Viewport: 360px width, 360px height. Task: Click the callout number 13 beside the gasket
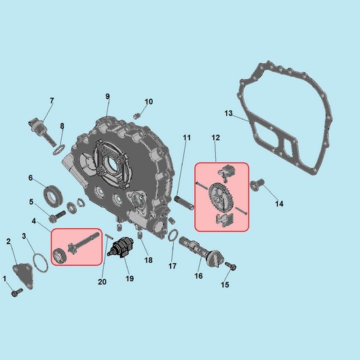(228, 113)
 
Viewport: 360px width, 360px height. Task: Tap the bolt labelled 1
(17, 292)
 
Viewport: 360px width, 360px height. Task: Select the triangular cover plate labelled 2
(23, 276)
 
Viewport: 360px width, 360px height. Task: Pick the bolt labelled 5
(57, 216)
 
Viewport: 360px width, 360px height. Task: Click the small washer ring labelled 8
(59, 149)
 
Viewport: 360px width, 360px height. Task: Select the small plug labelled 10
(137, 116)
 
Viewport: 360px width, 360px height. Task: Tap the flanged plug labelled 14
(257, 184)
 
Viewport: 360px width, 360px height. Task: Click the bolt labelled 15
(230, 266)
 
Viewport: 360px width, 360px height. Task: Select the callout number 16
(198, 276)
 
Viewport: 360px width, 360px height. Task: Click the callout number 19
(130, 278)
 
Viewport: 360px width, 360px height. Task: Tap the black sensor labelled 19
(121, 247)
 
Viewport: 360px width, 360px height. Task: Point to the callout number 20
(102, 282)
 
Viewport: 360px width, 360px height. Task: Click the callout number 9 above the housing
(107, 96)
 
